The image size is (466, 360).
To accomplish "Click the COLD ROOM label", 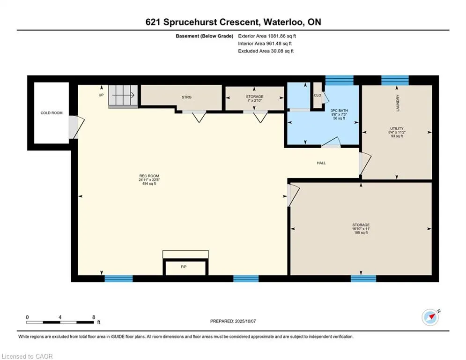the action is (52, 113).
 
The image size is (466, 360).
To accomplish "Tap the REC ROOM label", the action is (149, 176).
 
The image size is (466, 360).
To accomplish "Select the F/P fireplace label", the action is (184, 267).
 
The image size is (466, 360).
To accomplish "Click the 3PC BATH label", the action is (339, 110).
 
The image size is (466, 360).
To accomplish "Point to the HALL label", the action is (321, 163).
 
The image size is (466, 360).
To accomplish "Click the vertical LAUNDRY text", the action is (398, 103).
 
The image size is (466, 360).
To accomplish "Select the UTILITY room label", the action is (397, 128).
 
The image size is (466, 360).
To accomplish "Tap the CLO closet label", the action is (318, 95).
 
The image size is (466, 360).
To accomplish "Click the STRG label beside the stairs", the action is (187, 97).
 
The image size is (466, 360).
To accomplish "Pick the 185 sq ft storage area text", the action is (361, 232).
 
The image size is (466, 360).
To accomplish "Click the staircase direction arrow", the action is (123, 95).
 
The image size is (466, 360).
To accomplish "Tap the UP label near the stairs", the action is (101, 95).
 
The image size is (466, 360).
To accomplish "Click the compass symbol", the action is (430, 317).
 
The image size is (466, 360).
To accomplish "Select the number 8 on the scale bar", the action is (94, 317).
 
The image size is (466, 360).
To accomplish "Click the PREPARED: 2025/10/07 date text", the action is (233, 321).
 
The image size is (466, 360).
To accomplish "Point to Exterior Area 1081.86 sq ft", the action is (267, 36).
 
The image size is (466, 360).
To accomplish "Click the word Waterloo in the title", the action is (283, 22).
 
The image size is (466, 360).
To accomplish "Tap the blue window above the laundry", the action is (395, 80).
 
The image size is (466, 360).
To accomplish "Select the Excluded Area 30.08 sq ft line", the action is (266, 51).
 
